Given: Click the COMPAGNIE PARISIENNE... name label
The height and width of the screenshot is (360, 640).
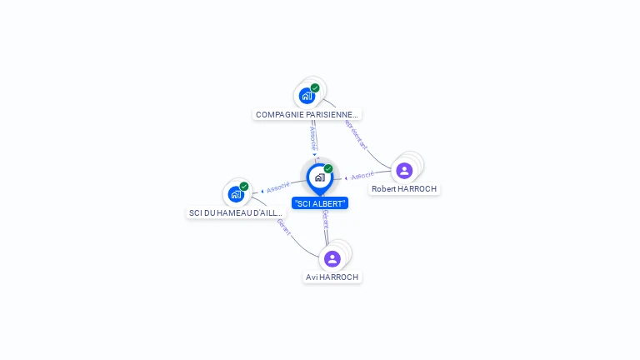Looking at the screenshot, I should pyautogui.click(x=307, y=114).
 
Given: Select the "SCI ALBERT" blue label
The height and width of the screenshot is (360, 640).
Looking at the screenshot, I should pyautogui.click(x=320, y=203).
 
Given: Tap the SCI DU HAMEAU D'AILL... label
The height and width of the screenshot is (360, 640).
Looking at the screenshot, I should pyautogui.click(x=236, y=213).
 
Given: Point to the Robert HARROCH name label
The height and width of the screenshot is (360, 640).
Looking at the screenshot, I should pyautogui.click(x=404, y=189).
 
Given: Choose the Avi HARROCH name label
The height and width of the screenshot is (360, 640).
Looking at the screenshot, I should pyautogui.click(x=332, y=277).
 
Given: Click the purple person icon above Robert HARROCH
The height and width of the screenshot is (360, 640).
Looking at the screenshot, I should pyautogui.click(x=404, y=171).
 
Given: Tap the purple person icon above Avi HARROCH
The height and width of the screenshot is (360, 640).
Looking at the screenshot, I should pyautogui.click(x=332, y=258).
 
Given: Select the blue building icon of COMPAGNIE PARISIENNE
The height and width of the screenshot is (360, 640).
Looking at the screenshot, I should pyautogui.click(x=307, y=96).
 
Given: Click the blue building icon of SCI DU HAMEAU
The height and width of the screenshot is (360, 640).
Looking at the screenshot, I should pyautogui.click(x=236, y=195).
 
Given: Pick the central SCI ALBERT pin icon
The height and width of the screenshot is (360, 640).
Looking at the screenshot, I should pyautogui.click(x=319, y=177).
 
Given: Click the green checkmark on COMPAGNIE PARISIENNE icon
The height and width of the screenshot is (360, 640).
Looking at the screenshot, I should pyautogui.click(x=315, y=87).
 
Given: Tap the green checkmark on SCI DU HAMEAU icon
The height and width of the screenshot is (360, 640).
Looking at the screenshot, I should pyautogui.click(x=244, y=187).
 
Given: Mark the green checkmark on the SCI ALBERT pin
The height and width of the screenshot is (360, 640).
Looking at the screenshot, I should pyautogui.click(x=328, y=169).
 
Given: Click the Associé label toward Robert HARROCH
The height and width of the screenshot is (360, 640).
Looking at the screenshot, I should pyautogui.click(x=362, y=176).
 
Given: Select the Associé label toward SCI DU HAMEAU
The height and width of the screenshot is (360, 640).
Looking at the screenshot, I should pyautogui.click(x=278, y=187).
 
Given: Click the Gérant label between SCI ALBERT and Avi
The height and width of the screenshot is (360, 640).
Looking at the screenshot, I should pyautogui.click(x=325, y=220).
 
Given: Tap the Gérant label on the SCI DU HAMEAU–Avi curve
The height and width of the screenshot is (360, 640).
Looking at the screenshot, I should pyautogui.click(x=283, y=227).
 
